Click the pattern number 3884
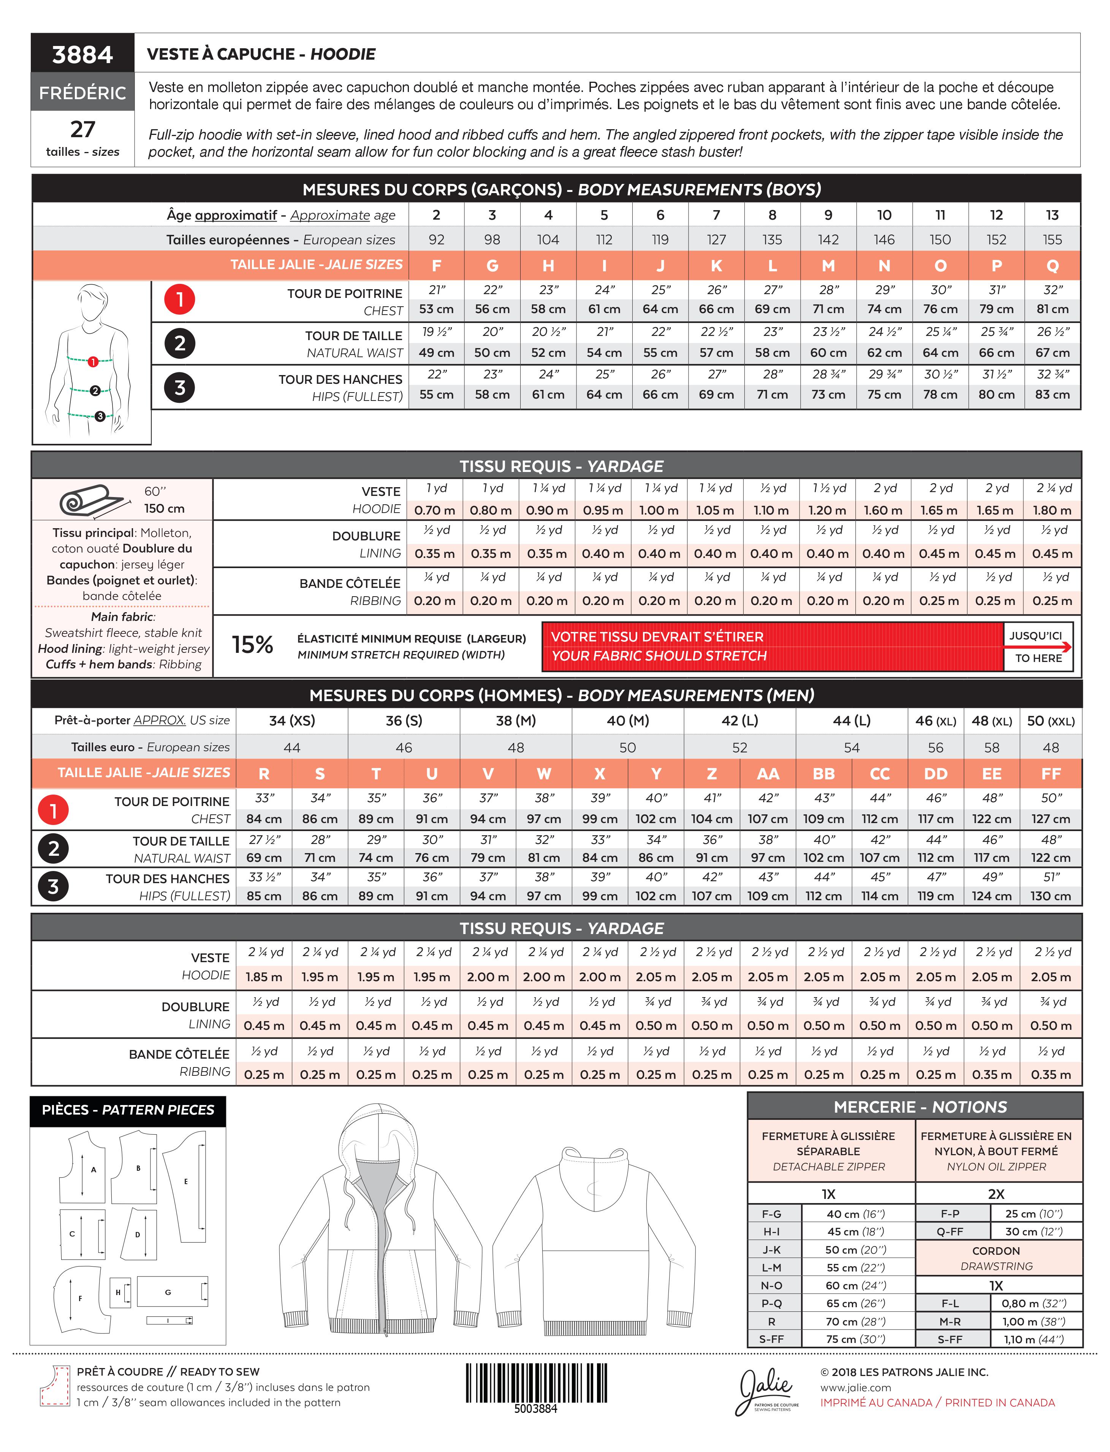tap(82, 54)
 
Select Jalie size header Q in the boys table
tap(1053, 266)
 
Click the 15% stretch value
tap(252, 645)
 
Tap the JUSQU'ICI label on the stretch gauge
tap(1036, 635)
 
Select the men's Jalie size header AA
tap(768, 774)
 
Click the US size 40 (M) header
tap(628, 721)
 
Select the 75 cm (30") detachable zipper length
tap(856, 1339)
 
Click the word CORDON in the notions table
tap(996, 1251)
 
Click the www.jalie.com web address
tap(856, 1388)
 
